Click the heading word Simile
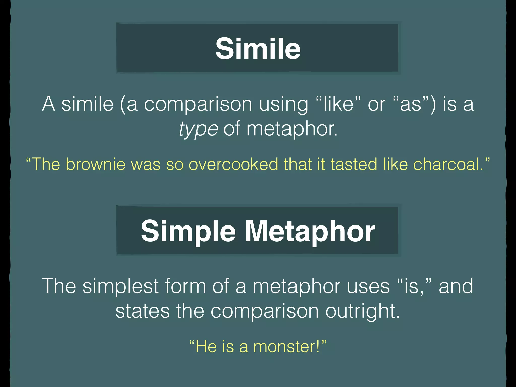tap(258, 48)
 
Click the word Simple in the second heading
tap(188, 231)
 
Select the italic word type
tap(198, 129)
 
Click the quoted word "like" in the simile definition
tap(338, 104)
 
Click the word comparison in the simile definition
tap(198, 104)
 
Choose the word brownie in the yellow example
tap(95, 164)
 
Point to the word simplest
tap(120, 286)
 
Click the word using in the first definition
tap(284, 104)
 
